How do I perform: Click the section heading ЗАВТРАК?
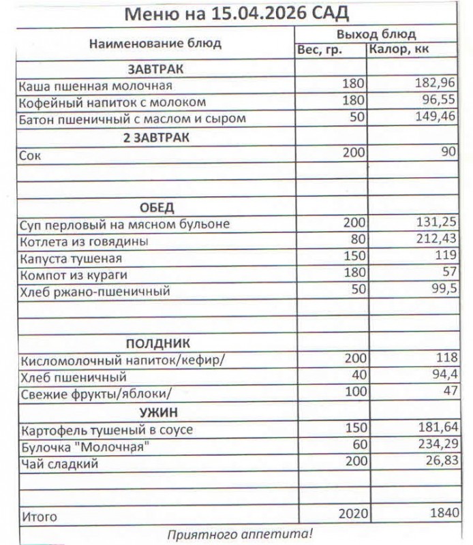click(156, 69)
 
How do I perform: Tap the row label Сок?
click(31, 155)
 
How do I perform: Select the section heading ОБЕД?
click(157, 208)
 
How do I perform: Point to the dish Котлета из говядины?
click(85, 241)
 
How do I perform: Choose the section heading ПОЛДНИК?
click(157, 343)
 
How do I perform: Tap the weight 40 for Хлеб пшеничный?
click(358, 376)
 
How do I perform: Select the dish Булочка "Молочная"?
click(85, 447)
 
